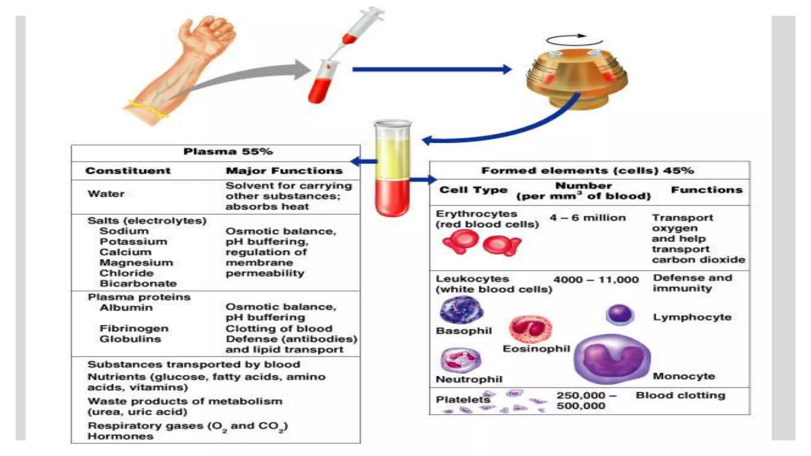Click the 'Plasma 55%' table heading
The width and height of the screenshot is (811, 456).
point(228,152)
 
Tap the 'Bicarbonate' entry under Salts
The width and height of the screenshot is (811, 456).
point(138,283)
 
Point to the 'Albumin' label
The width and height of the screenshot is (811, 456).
point(126,308)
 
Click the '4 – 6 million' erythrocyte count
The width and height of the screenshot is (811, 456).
point(588,218)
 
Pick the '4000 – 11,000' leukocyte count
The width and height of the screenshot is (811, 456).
point(596,280)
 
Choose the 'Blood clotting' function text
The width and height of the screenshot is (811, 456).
point(680,395)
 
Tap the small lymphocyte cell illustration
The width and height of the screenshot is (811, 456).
point(620,314)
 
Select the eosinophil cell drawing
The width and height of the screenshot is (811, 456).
point(530,329)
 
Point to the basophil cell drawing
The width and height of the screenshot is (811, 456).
point(462,310)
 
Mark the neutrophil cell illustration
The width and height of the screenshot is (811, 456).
point(461,360)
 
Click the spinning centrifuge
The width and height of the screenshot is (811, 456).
point(576,77)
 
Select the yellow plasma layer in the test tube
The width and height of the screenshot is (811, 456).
point(392,158)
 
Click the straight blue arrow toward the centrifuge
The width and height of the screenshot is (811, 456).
point(432,70)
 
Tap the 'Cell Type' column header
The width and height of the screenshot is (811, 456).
point(473,190)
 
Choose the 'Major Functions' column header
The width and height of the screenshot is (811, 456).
point(284,171)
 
